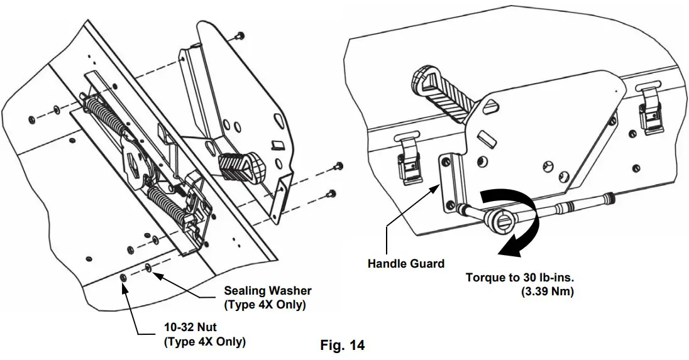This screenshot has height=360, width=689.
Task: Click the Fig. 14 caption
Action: pyautogui.click(x=343, y=345)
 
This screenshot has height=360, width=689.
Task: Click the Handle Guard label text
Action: pyautogui.click(x=405, y=264)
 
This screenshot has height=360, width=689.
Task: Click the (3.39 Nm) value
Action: pyautogui.click(x=546, y=292)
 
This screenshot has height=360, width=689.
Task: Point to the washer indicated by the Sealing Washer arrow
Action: pyautogui.click(x=148, y=269)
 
